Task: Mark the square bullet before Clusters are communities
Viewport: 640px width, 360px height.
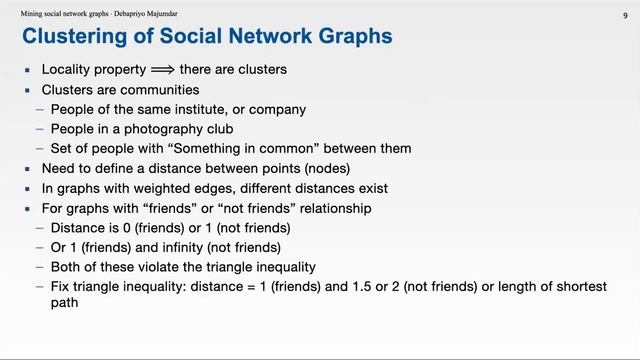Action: (30, 90)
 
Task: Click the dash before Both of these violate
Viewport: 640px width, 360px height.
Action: (40, 267)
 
